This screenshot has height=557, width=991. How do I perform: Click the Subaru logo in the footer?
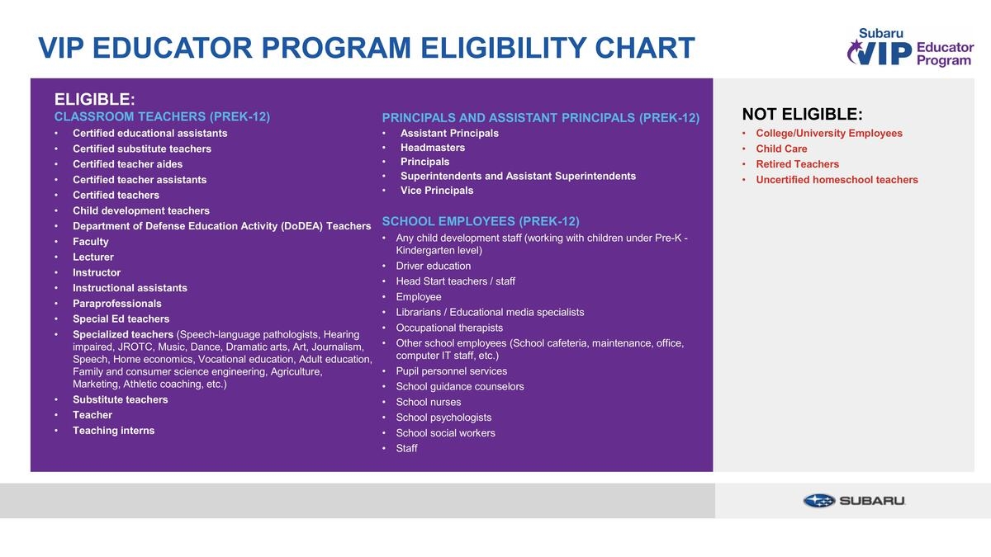point(854,501)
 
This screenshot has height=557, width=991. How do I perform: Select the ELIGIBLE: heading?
point(94,99)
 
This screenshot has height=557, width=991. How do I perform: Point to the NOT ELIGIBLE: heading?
point(802,114)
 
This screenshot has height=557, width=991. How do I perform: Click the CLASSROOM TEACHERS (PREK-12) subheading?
point(162,116)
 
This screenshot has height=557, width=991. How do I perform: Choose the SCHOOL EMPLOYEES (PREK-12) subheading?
point(481,221)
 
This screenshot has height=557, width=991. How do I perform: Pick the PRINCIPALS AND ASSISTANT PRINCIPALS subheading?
point(540,118)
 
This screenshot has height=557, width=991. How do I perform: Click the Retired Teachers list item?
point(797,164)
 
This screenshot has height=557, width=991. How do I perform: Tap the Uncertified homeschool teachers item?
point(837,180)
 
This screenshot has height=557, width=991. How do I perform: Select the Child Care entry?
point(781,149)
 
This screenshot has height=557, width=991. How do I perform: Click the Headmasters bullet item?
point(433,148)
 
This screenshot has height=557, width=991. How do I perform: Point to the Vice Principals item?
point(437,191)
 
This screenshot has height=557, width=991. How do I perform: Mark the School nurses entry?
point(428,402)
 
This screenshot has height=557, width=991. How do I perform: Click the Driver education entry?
point(433,266)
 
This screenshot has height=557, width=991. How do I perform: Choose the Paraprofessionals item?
point(116,304)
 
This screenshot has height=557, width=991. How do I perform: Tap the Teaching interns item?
point(113,431)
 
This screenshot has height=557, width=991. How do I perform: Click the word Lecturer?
point(92,257)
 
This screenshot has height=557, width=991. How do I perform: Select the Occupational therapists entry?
point(448,328)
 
